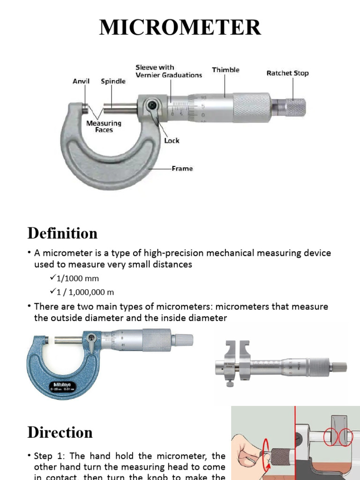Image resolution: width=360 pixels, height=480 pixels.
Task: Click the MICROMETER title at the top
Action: (180, 28)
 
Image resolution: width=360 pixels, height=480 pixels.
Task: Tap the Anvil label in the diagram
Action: (81, 81)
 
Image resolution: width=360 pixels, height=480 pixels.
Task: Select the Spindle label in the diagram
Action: (113, 81)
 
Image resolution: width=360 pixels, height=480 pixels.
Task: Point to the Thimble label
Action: (225, 70)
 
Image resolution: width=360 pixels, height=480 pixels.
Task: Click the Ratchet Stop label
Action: (287, 73)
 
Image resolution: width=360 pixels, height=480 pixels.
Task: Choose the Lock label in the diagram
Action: (172, 140)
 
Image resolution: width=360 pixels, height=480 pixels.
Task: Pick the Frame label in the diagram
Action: (182, 168)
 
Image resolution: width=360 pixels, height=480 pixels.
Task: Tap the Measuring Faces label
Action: (104, 127)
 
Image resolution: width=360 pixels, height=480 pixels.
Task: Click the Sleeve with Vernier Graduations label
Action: (168, 71)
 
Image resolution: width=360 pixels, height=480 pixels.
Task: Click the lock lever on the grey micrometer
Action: (152, 106)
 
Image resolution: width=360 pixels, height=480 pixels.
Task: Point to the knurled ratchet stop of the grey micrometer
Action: (296, 107)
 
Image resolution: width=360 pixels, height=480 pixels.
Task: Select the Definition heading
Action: (62, 233)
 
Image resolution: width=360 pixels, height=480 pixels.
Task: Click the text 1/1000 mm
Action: (77, 278)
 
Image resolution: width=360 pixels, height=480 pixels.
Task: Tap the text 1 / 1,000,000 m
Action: (85, 292)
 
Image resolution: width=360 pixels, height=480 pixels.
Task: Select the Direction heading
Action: (60, 432)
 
